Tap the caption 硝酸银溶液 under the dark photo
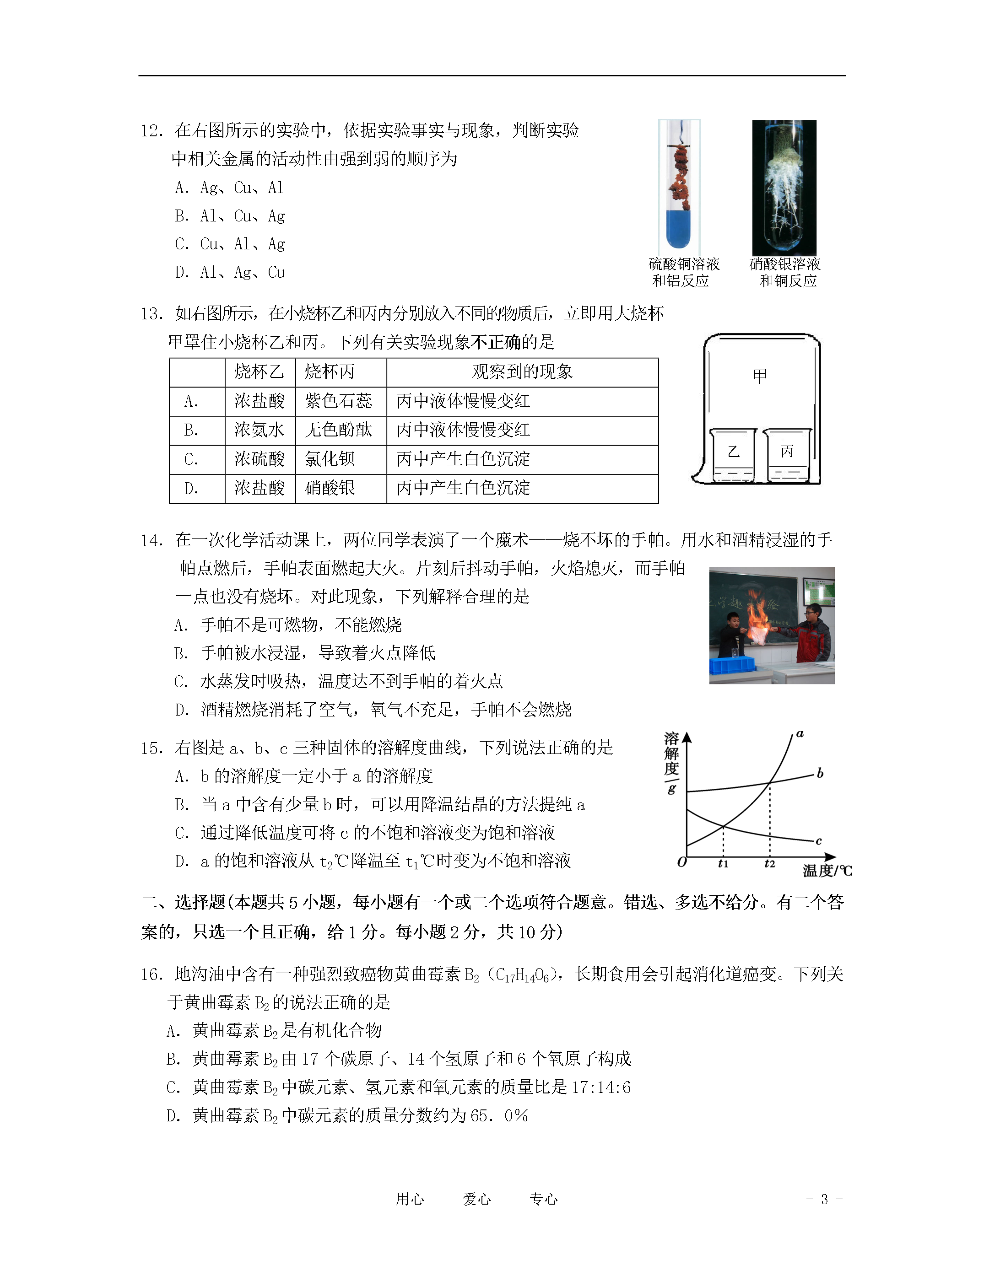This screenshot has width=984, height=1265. click(784, 264)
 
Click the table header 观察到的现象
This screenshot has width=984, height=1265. click(522, 372)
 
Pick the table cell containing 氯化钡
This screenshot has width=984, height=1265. click(330, 459)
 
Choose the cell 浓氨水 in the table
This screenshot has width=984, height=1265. click(259, 430)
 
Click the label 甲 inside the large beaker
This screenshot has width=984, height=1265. click(759, 377)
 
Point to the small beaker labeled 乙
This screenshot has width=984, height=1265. click(733, 455)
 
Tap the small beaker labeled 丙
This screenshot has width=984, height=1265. click(786, 455)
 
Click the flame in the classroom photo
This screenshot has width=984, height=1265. click(756, 620)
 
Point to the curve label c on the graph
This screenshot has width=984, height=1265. click(818, 840)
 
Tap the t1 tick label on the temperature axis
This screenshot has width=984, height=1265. click(723, 864)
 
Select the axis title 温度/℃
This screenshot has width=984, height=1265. click(827, 871)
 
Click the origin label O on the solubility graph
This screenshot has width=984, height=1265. click(682, 862)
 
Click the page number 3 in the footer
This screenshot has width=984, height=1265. click(824, 1199)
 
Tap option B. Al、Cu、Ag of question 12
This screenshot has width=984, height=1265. click(230, 216)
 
